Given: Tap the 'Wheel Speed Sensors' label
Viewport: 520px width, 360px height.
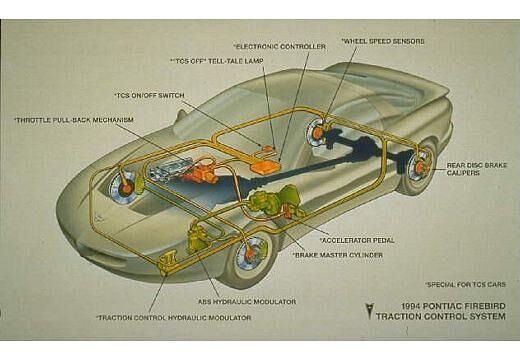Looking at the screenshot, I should [x=384, y=41].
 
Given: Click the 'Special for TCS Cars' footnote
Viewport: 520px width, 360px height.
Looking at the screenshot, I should [x=464, y=284].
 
